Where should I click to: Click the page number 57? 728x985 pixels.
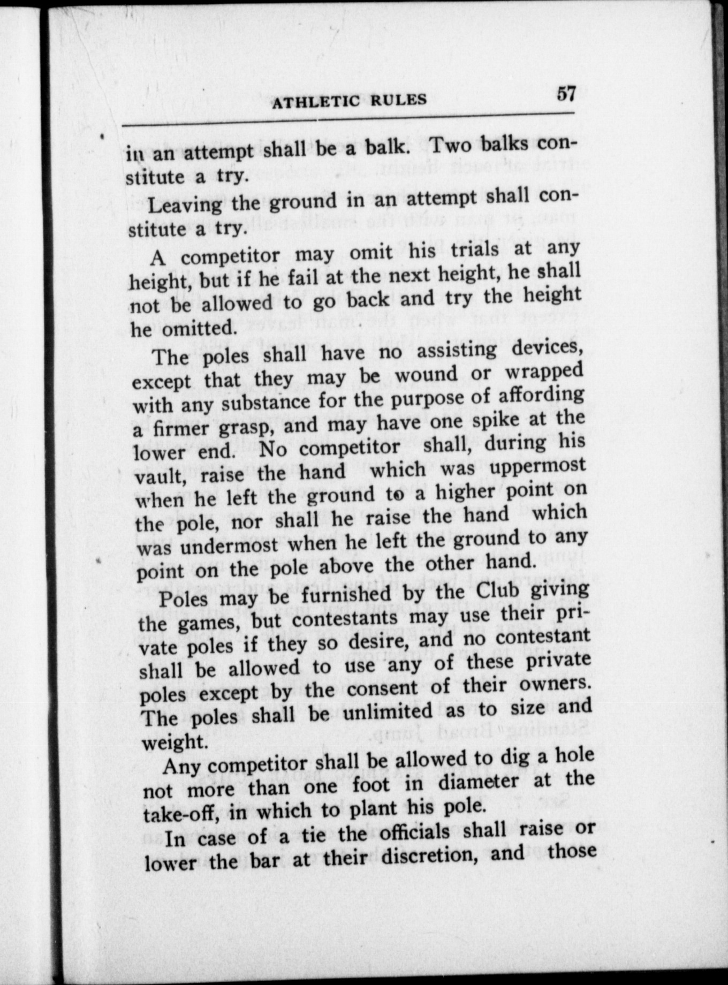[566, 94]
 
